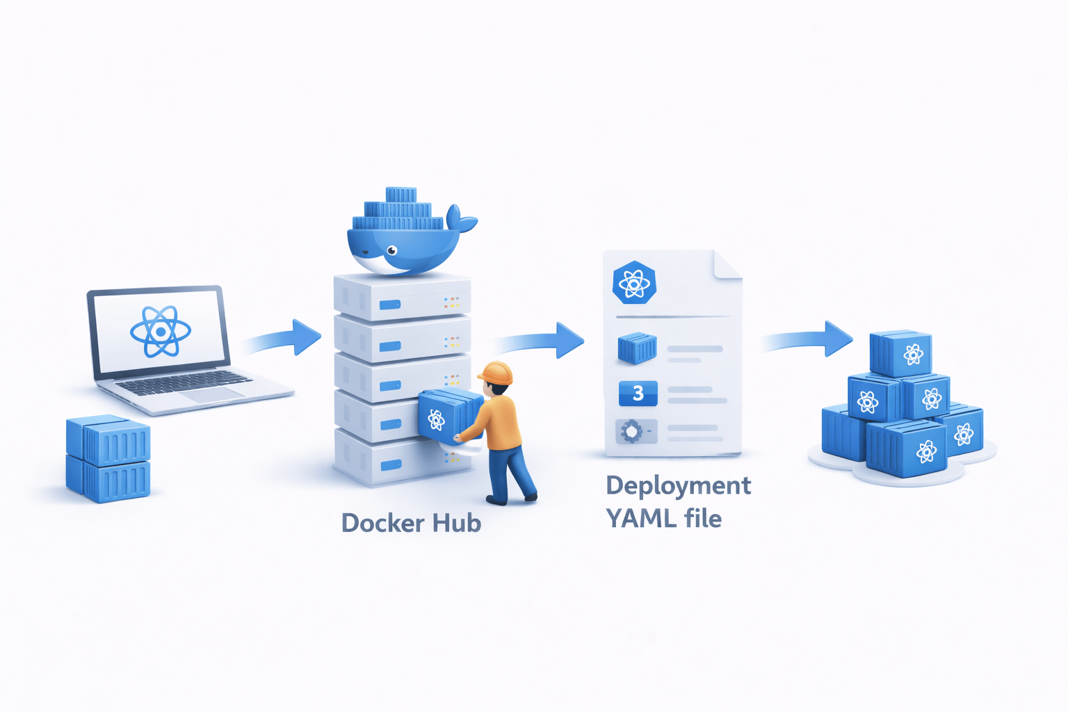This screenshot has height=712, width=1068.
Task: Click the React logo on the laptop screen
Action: click(161, 332)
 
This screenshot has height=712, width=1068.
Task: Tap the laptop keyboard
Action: click(182, 382)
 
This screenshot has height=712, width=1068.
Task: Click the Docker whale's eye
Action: click(393, 250)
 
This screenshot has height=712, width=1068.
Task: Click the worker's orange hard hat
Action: click(496, 373)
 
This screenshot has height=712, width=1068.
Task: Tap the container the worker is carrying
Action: click(445, 415)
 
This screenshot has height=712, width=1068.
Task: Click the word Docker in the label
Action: click(382, 523)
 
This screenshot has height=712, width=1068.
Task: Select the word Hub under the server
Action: click(456, 523)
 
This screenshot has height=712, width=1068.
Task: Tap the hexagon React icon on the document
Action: click(634, 283)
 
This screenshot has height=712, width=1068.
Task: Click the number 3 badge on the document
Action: click(638, 394)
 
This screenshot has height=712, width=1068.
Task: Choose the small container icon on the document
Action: click(637, 347)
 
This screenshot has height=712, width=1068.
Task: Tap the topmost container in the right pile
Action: click(901, 353)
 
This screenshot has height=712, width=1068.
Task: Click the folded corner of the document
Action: click(727, 264)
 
